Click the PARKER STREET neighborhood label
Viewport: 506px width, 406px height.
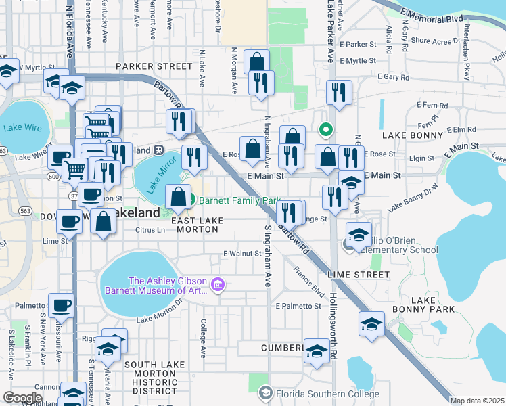pyautogui.click(x=154, y=66)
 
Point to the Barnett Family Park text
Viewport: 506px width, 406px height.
pyautogui.click(x=239, y=200)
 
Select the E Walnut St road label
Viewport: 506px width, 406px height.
pyautogui.click(x=242, y=254)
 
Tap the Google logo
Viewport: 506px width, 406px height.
pyautogui.click(x=22, y=397)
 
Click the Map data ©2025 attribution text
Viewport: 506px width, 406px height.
pyautogui.click(x=477, y=401)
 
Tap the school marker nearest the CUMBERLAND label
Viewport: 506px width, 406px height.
pyautogui.click(x=316, y=350)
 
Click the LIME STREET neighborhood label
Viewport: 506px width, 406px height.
pyautogui.click(x=358, y=275)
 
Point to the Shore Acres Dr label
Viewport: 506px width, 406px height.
pyautogui.click(x=435, y=41)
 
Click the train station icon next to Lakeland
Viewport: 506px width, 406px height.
pyautogui.click(x=158, y=150)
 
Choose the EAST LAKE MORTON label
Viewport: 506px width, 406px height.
pyautogui.click(x=194, y=225)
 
